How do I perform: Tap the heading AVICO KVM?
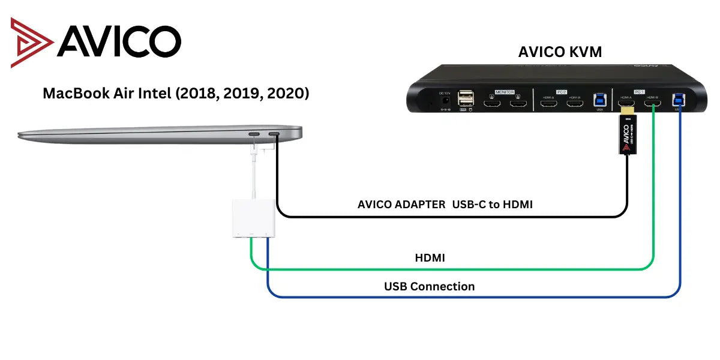click(560, 52)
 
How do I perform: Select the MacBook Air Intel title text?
click(176, 94)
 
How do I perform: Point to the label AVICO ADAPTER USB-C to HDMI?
click(445, 205)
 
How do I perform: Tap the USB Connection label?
click(429, 286)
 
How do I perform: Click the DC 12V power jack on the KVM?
click(445, 101)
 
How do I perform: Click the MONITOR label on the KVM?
click(505, 92)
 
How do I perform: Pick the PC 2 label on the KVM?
click(562, 92)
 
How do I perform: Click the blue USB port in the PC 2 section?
click(599, 103)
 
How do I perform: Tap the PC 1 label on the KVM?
click(640, 92)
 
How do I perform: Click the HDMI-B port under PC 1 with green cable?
click(654, 106)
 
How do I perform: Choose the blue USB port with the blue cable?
click(679, 102)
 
